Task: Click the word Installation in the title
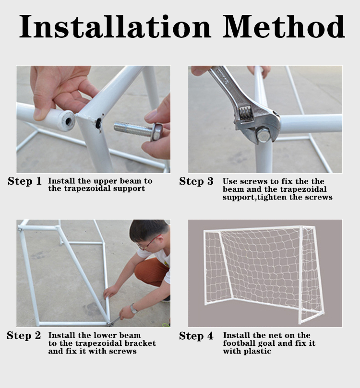point(115,26)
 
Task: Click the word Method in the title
point(284,26)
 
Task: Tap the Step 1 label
point(24,181)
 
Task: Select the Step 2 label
point(24,336)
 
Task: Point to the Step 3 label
point(196,181)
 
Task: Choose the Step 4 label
point(196,336)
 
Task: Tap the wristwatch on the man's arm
point(134,308)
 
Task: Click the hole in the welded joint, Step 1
point(99,122)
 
